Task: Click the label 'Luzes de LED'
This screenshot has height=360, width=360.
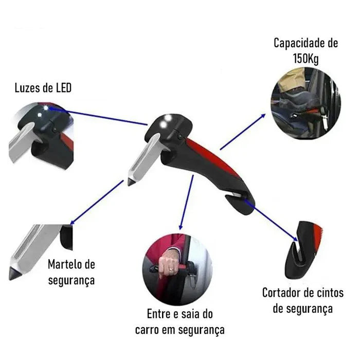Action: [43, 88]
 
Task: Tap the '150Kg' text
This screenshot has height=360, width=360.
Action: [305, 59]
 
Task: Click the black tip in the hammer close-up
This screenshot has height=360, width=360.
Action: [15, 274]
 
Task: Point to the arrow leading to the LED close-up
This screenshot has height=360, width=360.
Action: [98, 116]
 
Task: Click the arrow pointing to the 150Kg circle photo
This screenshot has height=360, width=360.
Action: [243, 132]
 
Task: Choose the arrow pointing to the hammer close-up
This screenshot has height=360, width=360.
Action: [97, 202]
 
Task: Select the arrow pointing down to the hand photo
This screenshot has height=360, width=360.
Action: [187, 202]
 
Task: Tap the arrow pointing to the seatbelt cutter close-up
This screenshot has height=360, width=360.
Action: [271, 221]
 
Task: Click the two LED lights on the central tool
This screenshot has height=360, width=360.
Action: [166, 121]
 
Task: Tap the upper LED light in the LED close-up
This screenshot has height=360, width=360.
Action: [46, 107]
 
